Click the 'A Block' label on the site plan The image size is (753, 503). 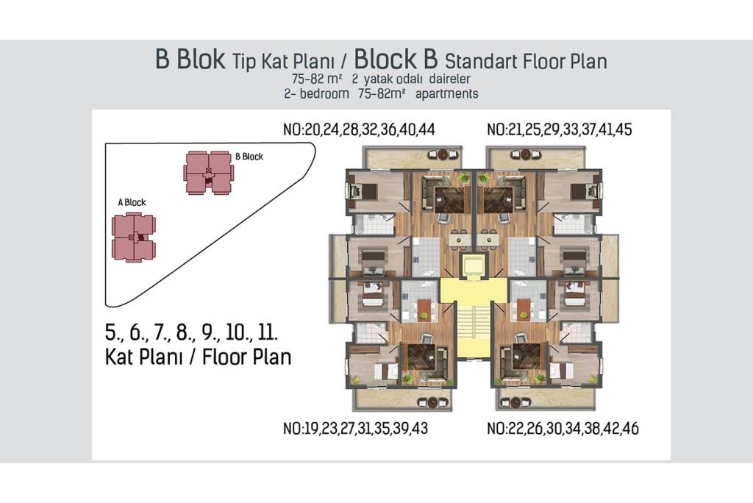(132, 202)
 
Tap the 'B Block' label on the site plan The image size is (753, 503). (249, 157)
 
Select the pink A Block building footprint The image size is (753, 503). (134, 238)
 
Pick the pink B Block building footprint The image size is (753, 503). (208, 173)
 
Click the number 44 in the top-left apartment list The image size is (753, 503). (427, 129)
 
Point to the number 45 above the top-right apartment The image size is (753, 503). (624, 129)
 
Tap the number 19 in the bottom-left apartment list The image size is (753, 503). (312, 429)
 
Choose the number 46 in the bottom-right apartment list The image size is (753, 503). (630, 429)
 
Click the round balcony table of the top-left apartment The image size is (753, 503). (443, 154)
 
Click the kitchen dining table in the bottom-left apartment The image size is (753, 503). (424, 310)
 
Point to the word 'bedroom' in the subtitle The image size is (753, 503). (324, 93)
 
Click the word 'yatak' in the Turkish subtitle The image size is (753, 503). (380, 79)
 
